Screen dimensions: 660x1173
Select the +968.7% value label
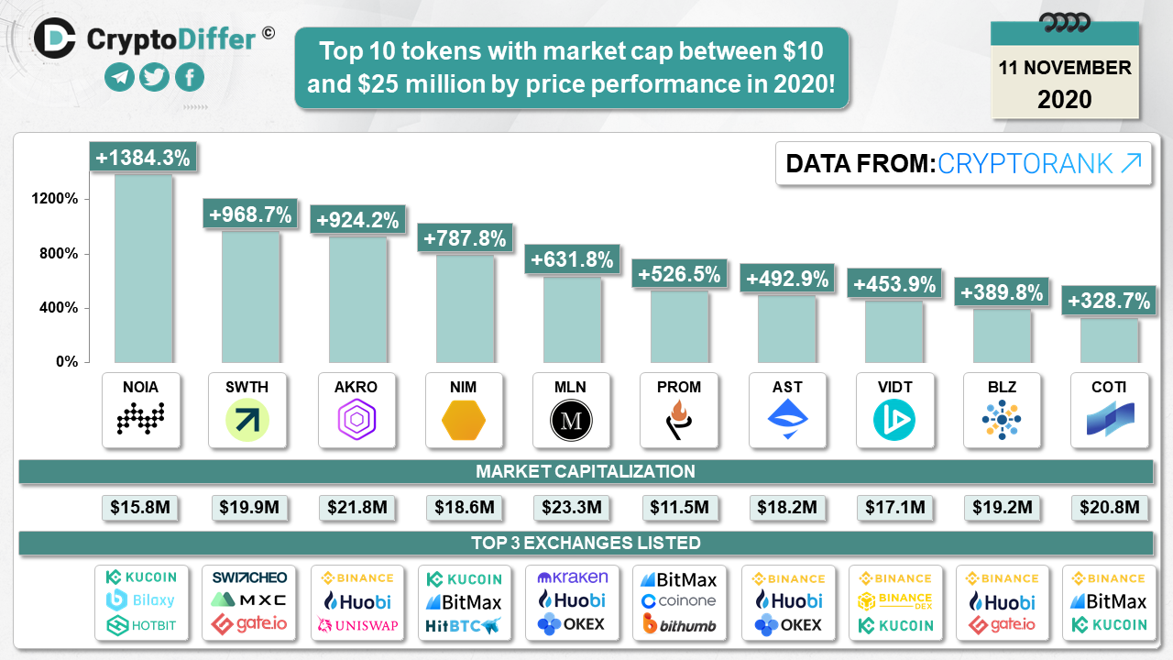pyautogui.click(x=250, y=215)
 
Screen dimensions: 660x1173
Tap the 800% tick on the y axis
pyautogui.click(x=58, y=254)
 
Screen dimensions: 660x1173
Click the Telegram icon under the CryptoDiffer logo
pyautogui.click(x=119, y=78)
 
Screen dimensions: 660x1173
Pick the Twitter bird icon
pyautogui.click(x=154, y=78)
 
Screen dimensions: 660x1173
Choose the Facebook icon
pyautogui.click(x=189, y=78)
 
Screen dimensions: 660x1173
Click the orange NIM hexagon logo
pyautogui.click(x=463, y=421)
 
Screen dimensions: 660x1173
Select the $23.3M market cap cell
pyautogui.click(x=570, y=507)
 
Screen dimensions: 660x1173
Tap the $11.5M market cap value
pyautogui.click(x=678, y=507)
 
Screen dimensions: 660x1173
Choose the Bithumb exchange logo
pyautogui.click(x=679, y=625)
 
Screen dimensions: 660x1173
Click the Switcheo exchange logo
pyautogui.click(x=248, y=577)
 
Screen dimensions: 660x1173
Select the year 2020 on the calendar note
pyautogui.click(x=1065, y=99)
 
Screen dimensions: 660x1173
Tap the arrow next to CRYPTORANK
pyautogui.click(x=1131, y=163)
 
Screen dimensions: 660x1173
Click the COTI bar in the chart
pyautogui.click(x=1109, y=339)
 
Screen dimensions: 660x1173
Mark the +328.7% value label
pyautogui.click(x=1109, y=300)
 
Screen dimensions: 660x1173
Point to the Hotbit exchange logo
pyautogui.click(x=141, y=625)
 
